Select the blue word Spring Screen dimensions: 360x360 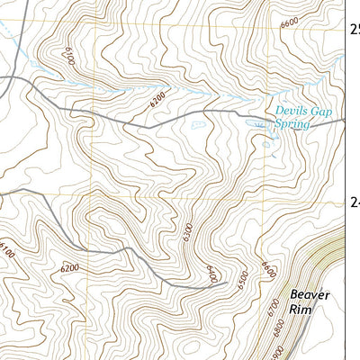pyautogui.click(x=292, y=124)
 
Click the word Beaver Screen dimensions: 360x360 pyautogui.click(x=310, y=294)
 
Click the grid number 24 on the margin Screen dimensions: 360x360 pyautogui.click(x=355, y=202)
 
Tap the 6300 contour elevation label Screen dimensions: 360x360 pyautogui.click(x=186, y=232)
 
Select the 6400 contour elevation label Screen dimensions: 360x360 pyautogui.click(x=211, y=273)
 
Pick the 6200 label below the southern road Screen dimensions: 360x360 pyautogui.click(x=70, y=267)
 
